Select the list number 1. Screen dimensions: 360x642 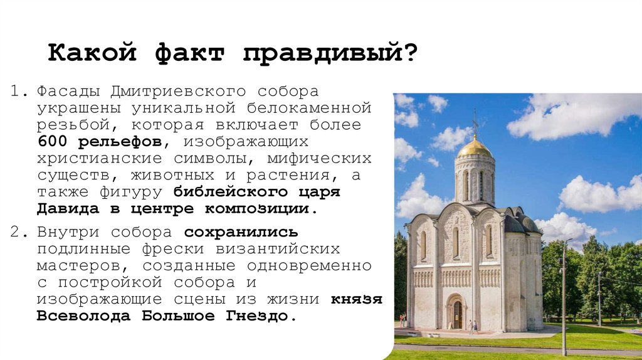pos(19,92)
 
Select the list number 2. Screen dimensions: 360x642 pos(19,232)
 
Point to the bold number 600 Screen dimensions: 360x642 pos(51,141)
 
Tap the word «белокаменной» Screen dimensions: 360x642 pos(307,108)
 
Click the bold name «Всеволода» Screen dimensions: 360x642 pos(85,315)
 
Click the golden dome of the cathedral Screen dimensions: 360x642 pos(475,148)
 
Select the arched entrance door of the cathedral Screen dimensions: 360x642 pos(457,314)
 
